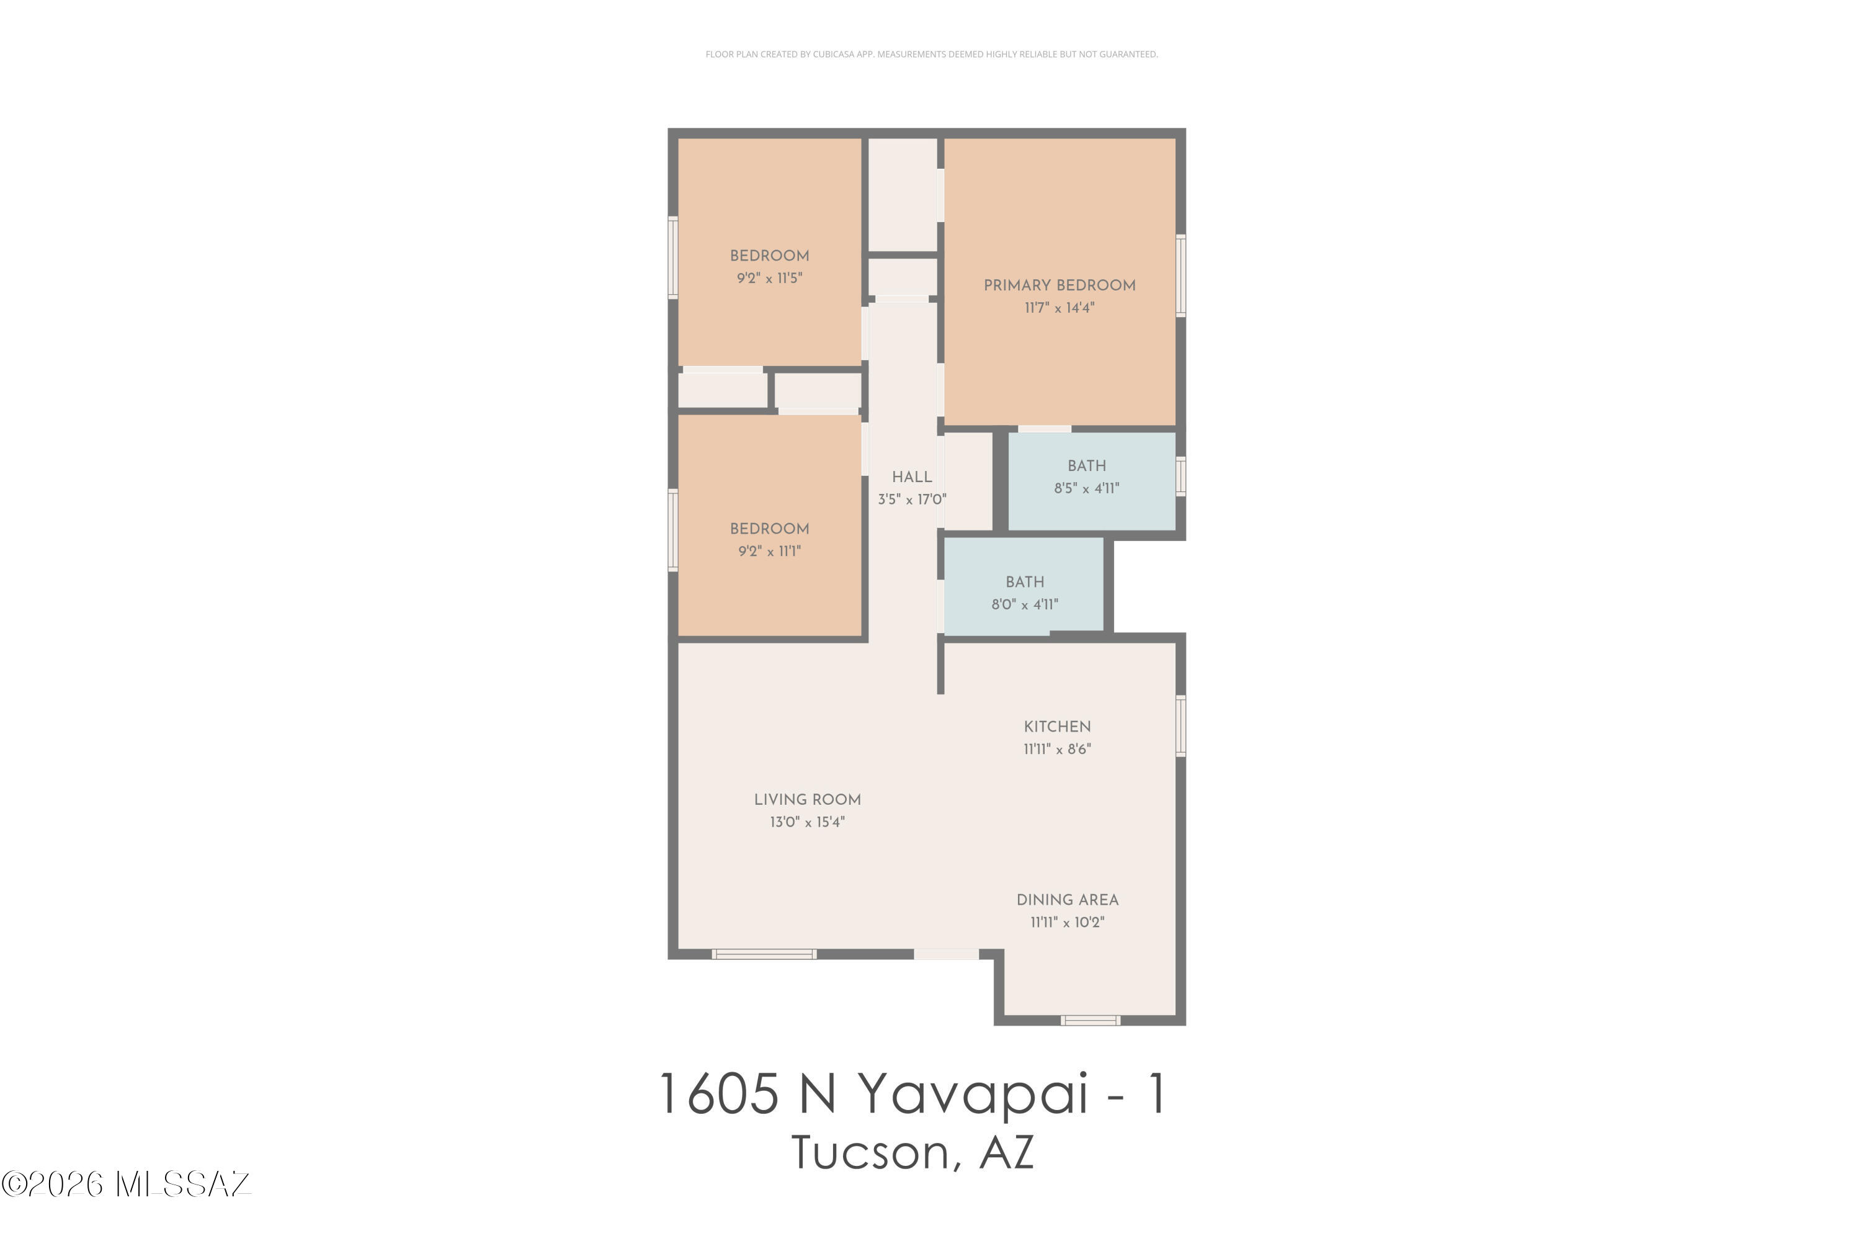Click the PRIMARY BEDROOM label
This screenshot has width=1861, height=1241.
coord(1059,285)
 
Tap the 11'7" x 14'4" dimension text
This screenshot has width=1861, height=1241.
coord(1059,308)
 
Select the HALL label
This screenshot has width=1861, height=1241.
coord(911,477)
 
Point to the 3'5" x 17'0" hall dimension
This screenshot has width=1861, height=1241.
coord(911,500)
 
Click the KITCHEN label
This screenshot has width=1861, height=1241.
coord(1056,727)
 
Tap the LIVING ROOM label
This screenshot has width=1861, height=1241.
coord(807,799)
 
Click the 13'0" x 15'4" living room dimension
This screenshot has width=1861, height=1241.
coord(807,822)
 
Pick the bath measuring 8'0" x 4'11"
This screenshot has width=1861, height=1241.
coord(1024,593)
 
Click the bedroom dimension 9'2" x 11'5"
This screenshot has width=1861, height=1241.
coord(769,279)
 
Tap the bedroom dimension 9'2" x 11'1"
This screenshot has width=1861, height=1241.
coord(769,552)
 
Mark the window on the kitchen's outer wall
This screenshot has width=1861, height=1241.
coord(1180,726)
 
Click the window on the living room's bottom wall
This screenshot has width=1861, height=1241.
coord(764,954)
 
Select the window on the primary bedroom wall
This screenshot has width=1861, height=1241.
coord(1180,276)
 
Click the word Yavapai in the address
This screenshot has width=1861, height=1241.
coord(973,1095)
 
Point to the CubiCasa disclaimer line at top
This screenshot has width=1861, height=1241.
coord(930,55)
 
